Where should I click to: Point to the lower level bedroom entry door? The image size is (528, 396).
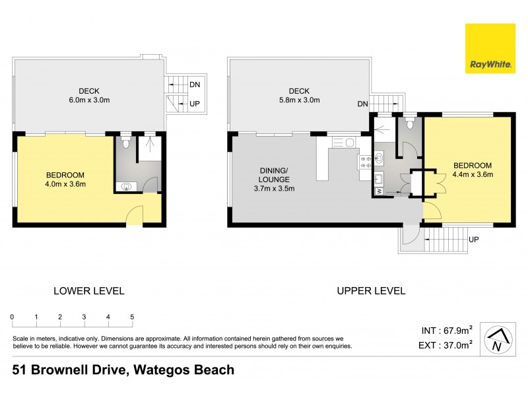click(134, 214)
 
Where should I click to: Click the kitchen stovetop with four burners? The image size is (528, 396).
click(364, 163)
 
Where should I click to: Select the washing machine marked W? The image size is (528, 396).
click(379, 191)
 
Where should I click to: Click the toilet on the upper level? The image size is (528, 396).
click(410, 124)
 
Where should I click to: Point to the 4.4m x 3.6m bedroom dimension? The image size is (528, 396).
click(473, 174)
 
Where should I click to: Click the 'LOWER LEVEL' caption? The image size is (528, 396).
click(88, 290)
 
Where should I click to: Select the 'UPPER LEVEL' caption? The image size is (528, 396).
click(371, 290)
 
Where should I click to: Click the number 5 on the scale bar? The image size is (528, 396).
click(132, 317)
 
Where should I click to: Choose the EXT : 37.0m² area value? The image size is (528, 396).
click(447, 344)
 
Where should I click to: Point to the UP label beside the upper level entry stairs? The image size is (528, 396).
click(473, 239)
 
